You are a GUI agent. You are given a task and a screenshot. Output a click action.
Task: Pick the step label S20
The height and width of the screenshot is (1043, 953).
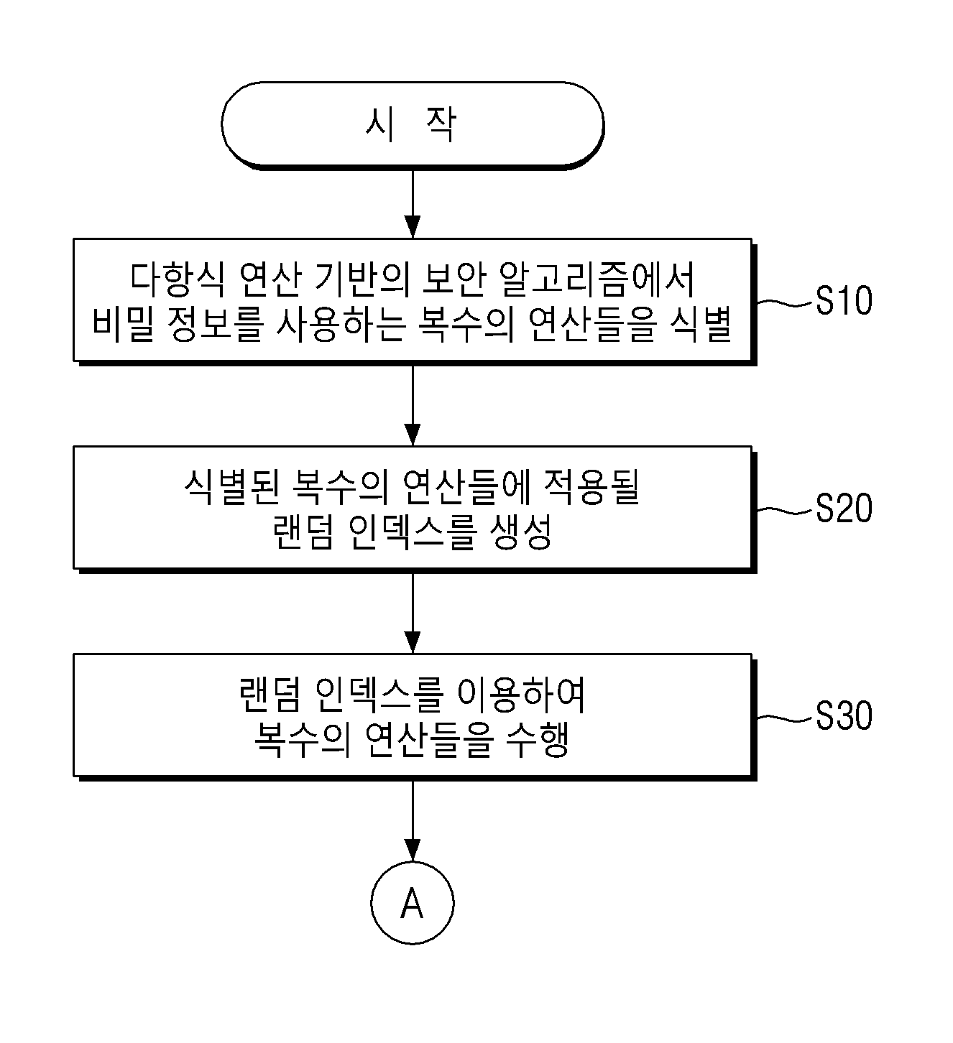pos(844,508)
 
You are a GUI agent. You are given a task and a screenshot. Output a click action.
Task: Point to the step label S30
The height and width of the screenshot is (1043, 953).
pos(844,716)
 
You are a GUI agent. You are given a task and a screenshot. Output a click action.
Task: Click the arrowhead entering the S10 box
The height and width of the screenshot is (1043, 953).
pos(413,228)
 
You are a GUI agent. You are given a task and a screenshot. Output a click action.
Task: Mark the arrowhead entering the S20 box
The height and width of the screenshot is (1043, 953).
pos(413,435)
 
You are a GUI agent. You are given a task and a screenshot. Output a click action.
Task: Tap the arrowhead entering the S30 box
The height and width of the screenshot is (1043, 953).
pos(413,643)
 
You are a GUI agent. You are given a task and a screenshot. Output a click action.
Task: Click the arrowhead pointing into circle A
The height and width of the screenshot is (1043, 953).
pos(413,850)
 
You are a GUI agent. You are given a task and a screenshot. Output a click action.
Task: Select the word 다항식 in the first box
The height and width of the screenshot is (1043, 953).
pos(178,279)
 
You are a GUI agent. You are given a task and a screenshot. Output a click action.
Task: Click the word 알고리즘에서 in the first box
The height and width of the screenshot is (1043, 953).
pos(597,279)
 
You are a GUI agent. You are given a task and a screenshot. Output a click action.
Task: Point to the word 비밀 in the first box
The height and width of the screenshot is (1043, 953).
pos(124,323)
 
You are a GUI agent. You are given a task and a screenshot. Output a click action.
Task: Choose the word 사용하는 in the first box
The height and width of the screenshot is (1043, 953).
pos(340,323)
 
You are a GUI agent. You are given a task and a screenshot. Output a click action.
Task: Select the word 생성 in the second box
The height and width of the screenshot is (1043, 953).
pos(521,532)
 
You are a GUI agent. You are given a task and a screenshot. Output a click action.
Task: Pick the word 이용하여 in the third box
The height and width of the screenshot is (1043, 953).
pos(522,695)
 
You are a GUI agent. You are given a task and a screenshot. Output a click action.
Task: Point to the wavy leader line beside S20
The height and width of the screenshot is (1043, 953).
pos(784,511)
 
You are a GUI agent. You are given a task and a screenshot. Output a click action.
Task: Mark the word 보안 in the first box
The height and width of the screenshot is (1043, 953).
pos(454,279)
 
